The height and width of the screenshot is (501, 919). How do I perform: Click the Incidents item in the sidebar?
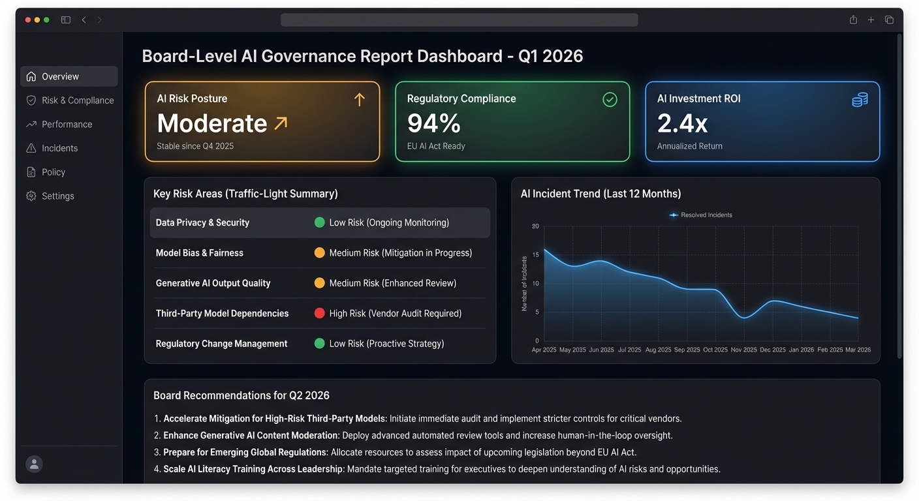tap(59, 148)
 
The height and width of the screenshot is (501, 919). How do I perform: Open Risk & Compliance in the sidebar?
tap(77, 100)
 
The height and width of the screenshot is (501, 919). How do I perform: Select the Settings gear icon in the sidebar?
tap(31, 196)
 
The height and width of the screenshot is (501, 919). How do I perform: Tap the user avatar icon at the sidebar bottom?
tap(34, 464)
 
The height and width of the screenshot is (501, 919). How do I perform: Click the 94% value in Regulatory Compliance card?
tap(434, 123)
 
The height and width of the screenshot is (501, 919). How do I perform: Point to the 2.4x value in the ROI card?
tap(683, 123)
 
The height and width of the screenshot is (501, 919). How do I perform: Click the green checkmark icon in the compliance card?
tap(610, 99)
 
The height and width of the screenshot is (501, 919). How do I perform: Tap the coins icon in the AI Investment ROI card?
tap(860, 100)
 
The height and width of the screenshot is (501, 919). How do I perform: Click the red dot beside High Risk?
tap(320, 313)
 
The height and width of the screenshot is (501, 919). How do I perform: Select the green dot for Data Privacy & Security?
tap(320, 222)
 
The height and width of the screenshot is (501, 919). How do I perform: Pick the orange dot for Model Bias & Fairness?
tap(320, 252)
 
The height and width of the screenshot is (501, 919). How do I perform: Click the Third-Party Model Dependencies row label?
tap(222, 313)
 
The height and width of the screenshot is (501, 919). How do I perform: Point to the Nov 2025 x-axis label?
tap(744, 350)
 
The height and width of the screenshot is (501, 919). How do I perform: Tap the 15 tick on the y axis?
tap(535, 255)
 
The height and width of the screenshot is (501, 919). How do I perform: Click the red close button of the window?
tap(28, 20)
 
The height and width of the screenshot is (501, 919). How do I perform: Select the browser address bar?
tap(459, 20)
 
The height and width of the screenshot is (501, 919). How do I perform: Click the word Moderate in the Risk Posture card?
tap(212, 123)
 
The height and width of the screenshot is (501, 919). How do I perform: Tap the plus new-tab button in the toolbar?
tap(871, 20)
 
